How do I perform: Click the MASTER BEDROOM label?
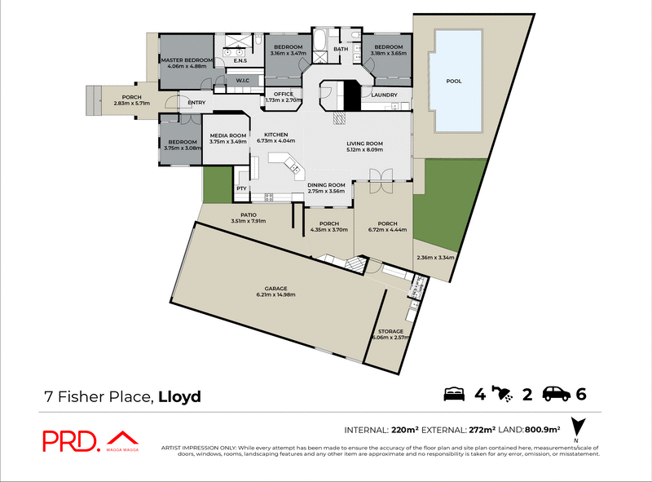tap(187, 60)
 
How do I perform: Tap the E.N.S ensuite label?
tap(240, 61)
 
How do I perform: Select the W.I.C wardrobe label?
tap(242, 80)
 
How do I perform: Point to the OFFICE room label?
tap(284, 94)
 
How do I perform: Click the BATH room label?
tap(341, 49)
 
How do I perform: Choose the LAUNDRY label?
tap(383, 95)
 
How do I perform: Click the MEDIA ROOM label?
tap(227, 135)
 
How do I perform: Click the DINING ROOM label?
tap(326, 185)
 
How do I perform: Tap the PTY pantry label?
tap(241, 188)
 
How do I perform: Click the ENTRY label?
tap(196, 103)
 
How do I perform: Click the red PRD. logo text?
tap(70, 440)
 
